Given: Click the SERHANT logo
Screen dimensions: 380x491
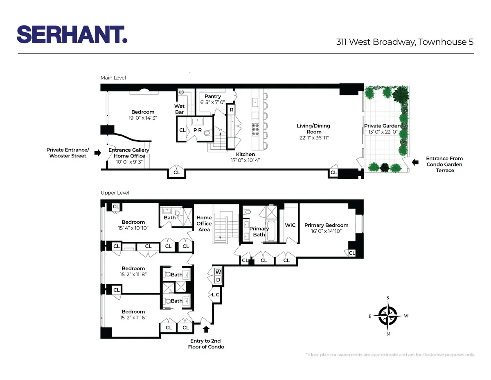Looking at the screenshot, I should point(72,34).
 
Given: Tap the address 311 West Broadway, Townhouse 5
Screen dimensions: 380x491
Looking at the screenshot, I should point(405,42).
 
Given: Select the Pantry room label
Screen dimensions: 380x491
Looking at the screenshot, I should point(213,96).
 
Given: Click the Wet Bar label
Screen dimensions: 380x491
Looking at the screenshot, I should point(179,109).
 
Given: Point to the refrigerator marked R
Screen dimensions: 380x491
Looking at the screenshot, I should point(231,110).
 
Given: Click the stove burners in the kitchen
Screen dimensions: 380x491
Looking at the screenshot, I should point(256,130).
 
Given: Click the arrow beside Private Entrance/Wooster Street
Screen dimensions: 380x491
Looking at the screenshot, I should point(97,153).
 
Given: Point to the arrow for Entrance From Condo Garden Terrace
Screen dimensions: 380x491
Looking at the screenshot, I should point(415,162).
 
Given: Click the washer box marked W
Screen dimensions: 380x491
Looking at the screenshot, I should point(218,272).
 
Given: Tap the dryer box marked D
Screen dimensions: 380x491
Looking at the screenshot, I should point(218,280).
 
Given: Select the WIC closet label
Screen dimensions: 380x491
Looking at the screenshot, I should point(290,225).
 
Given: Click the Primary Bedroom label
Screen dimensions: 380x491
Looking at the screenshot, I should point(326,225).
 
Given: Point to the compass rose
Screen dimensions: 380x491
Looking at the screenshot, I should point(387,316).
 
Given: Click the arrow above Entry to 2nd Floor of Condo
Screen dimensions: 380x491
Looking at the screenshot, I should point(206,329).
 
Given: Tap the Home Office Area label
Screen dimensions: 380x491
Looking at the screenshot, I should point(204,223).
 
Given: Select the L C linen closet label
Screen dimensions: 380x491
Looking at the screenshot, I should point(216,294).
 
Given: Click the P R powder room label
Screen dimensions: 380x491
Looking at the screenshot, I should point(198,130).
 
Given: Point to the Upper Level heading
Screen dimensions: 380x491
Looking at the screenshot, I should point(115,193).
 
